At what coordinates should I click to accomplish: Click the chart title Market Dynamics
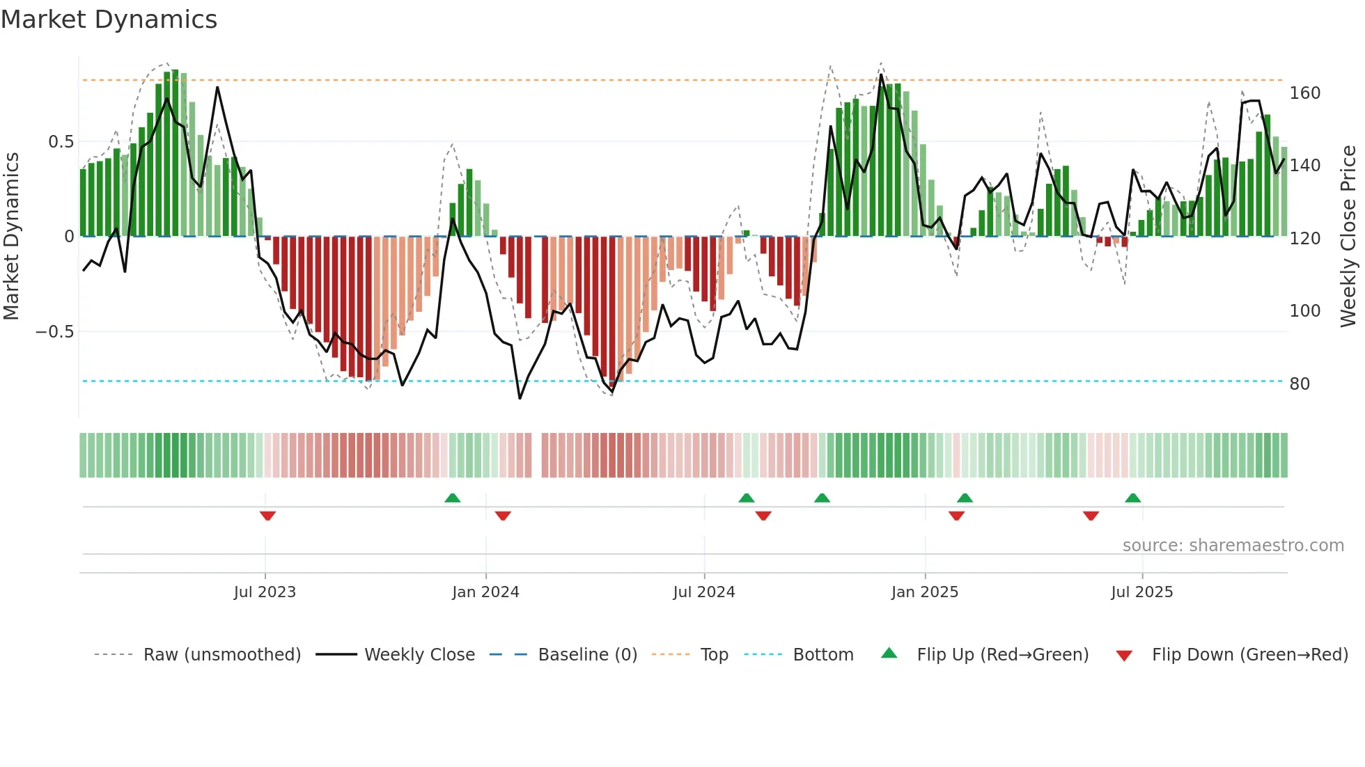point(109,19)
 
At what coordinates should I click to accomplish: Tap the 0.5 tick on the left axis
point(61,142)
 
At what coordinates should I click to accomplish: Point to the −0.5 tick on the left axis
point(55,332)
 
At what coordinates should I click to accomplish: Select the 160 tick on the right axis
point(1304,93)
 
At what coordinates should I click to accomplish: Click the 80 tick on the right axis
point(1299,384)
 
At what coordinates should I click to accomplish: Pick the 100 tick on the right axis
point(1304,311)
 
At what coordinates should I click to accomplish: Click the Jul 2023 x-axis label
point(265,592)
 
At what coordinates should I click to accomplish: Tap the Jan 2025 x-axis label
point(924,592)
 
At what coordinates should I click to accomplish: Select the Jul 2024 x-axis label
point(703,592)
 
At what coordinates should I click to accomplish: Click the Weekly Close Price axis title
point(1348,237)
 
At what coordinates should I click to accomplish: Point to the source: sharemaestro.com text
point(1233,546)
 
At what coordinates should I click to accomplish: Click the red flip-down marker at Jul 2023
point(267,516)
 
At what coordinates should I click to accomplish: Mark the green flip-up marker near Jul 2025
point(1132,498)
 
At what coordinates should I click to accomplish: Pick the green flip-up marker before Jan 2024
point(453,498)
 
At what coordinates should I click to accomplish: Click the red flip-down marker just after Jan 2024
point(503,516)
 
